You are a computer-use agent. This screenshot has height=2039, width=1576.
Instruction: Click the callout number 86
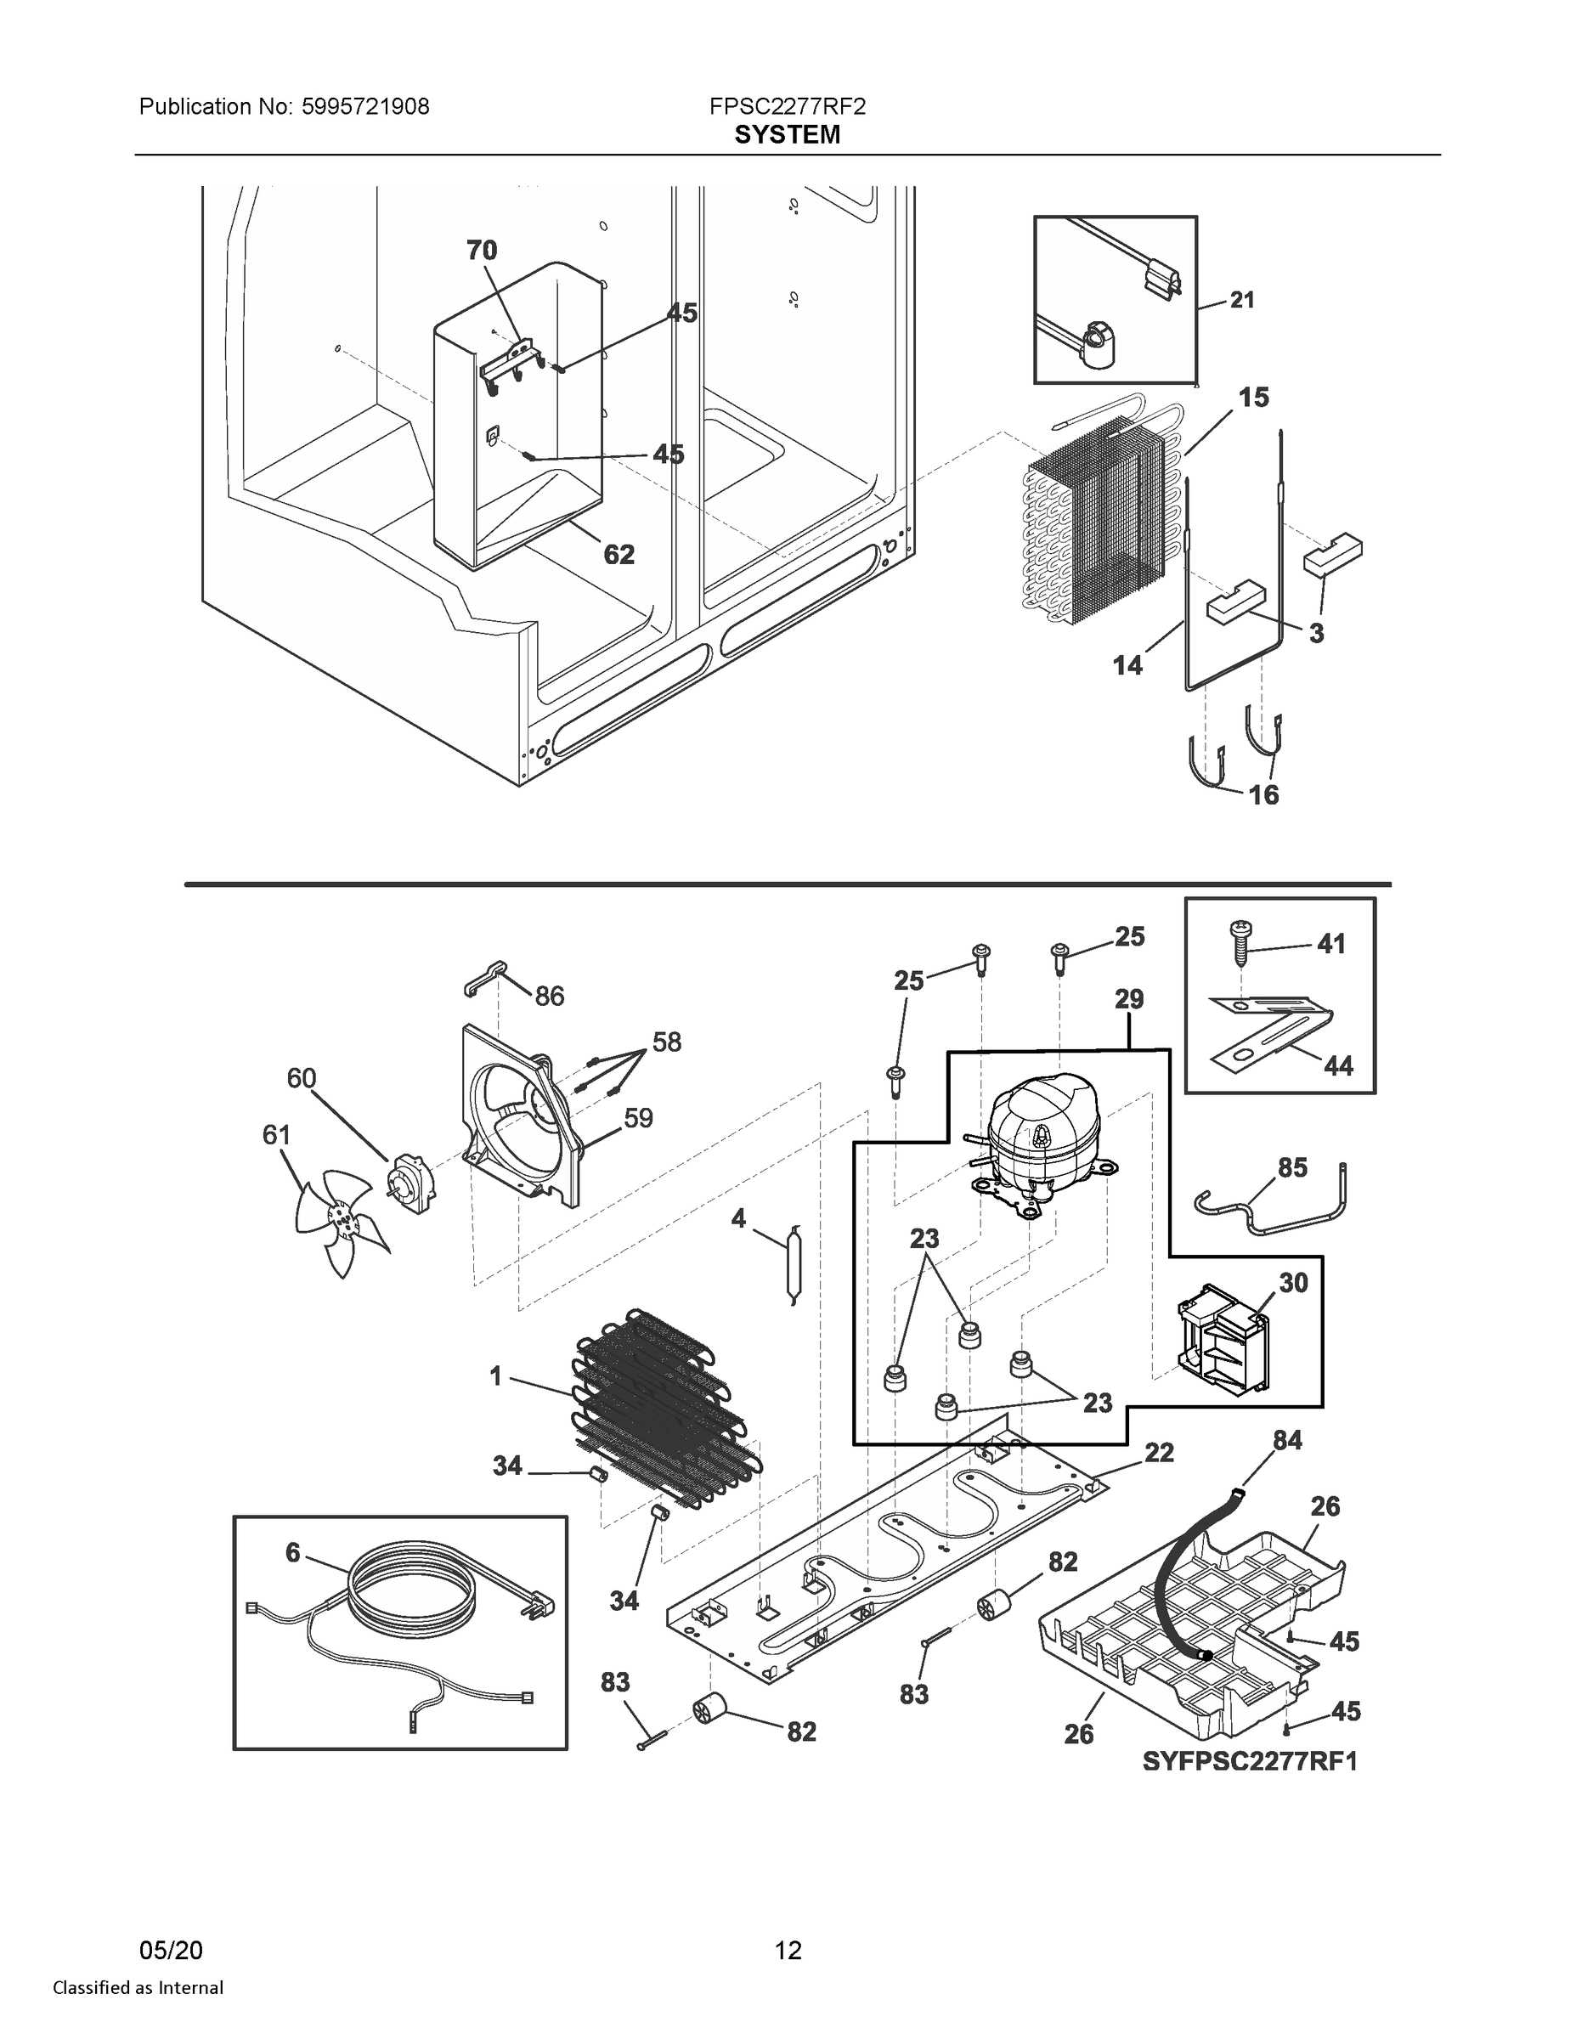tap(549, 997)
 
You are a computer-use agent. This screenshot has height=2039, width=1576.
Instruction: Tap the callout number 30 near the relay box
tap(1293, 1283)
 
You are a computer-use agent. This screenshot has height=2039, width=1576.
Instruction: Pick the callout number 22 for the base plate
tap(1159, 1452)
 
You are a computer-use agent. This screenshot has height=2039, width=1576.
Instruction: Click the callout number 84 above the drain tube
tap(1287, 1441)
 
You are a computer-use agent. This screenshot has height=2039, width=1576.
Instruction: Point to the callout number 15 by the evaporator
tap(1254, 398)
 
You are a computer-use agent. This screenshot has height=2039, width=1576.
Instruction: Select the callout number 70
tap(482, 251)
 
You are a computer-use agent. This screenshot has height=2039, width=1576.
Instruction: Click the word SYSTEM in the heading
tap(787, 135)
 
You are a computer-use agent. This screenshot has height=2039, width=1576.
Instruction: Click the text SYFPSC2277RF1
tap(1250, 1762)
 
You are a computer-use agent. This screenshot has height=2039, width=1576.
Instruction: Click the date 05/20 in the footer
tap(171, 1950)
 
